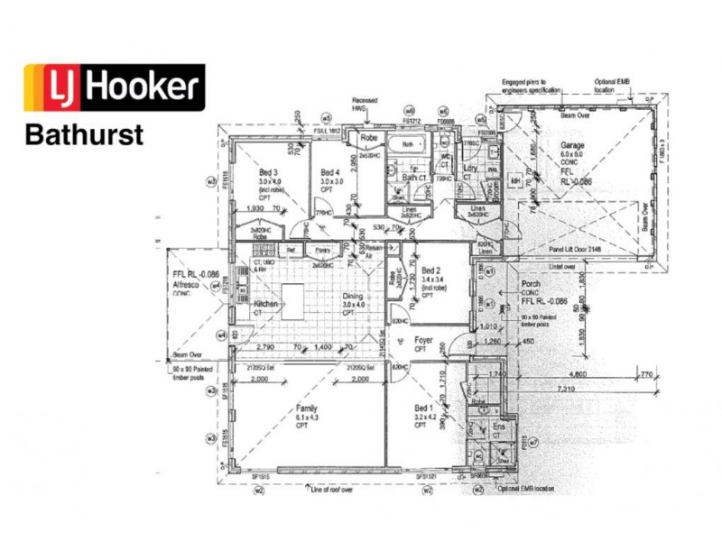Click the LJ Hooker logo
pyautogui.click(x=114, y=87)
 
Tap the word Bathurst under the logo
pyautogui.click(x=84, y=135)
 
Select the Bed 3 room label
pyautogui.click(x=268, y=172)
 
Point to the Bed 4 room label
pyautogui.click(x=330, y=172)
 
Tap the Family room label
pyautogui.click(x=307, y=408)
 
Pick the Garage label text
pyautogui.click(x=572, y=145)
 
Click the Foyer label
pyautogui.click(x=424, y=341)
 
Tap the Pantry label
pyautogui.click(x=322, y=249)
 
